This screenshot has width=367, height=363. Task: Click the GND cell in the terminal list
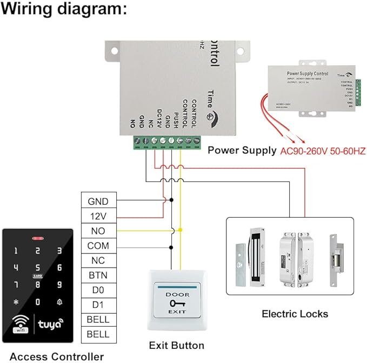[x=98, y=202]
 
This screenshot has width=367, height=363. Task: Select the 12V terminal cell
[x=98, y=216]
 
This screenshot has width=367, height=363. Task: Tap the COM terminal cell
[x=98, y=245]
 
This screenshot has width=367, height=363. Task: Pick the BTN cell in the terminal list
[x=98, y=275]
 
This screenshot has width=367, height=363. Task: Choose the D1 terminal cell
[x=98, y=304]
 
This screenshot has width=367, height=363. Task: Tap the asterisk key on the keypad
[x=16, y=302]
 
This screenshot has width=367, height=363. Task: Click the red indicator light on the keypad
[x=37, y=238]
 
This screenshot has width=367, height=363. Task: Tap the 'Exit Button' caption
[x=177, y=345]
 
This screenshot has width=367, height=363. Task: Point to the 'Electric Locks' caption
[x=295, y=314]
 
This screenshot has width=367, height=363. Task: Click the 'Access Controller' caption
[x=57, y=356]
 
